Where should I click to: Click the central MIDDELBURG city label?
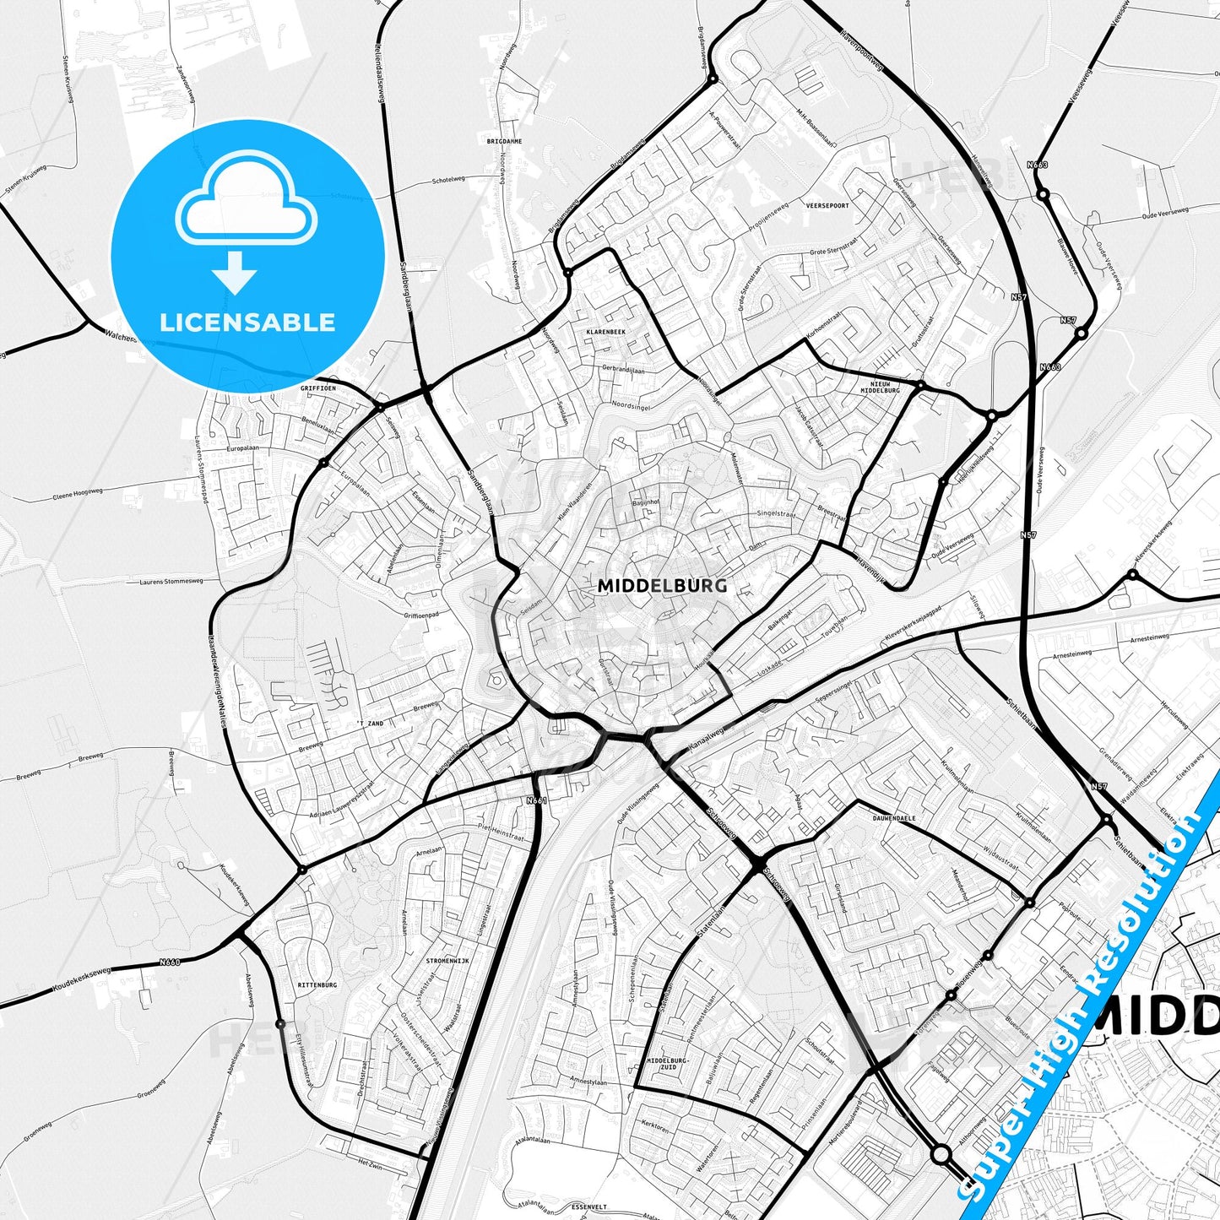pos(662,585)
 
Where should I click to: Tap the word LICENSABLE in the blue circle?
pos(247,322)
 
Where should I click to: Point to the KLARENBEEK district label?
pos(606,332)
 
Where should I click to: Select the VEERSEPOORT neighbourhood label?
pos(827,205)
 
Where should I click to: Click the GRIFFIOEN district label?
pos(318,388)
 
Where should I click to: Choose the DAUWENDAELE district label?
pos(894,818)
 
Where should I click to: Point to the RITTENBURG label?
pos(317,985)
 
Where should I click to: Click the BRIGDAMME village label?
pos(504,142)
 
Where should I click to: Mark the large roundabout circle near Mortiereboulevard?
pos(941,1153)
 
